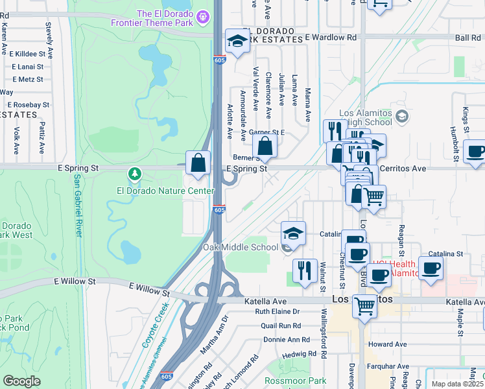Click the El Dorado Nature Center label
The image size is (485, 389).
pos(165,191)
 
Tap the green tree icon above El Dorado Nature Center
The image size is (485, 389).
pos(134,174)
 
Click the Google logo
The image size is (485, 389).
pos(21,381)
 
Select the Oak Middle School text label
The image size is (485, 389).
pos(241,247)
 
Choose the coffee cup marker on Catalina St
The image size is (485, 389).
pos(431,268)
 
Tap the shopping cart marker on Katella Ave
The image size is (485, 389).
pos(364,305)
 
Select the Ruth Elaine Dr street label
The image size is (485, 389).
pos(278,312)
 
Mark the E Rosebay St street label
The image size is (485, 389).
pos(27,104)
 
